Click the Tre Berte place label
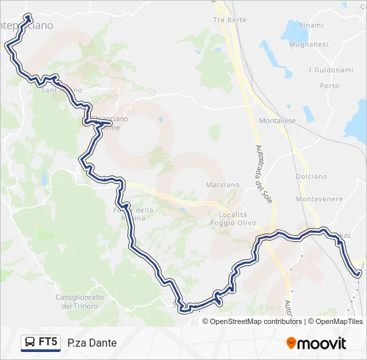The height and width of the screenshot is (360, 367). click(229, 20)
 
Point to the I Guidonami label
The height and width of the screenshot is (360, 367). click(330, 69)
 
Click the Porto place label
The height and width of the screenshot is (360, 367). click(329, 86)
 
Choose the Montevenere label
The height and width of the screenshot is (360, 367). click(318, 199)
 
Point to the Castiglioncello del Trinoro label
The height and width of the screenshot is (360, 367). click(79, 301)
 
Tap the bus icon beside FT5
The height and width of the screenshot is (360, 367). click(30, 343)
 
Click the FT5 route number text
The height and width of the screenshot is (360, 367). click(47, 343)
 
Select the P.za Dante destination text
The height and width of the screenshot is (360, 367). click(92, 343)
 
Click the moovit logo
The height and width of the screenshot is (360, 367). click(316, 343)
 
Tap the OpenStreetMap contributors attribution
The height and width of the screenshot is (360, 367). click(256, 321)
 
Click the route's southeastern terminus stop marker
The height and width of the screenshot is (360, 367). click(358, 273)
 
